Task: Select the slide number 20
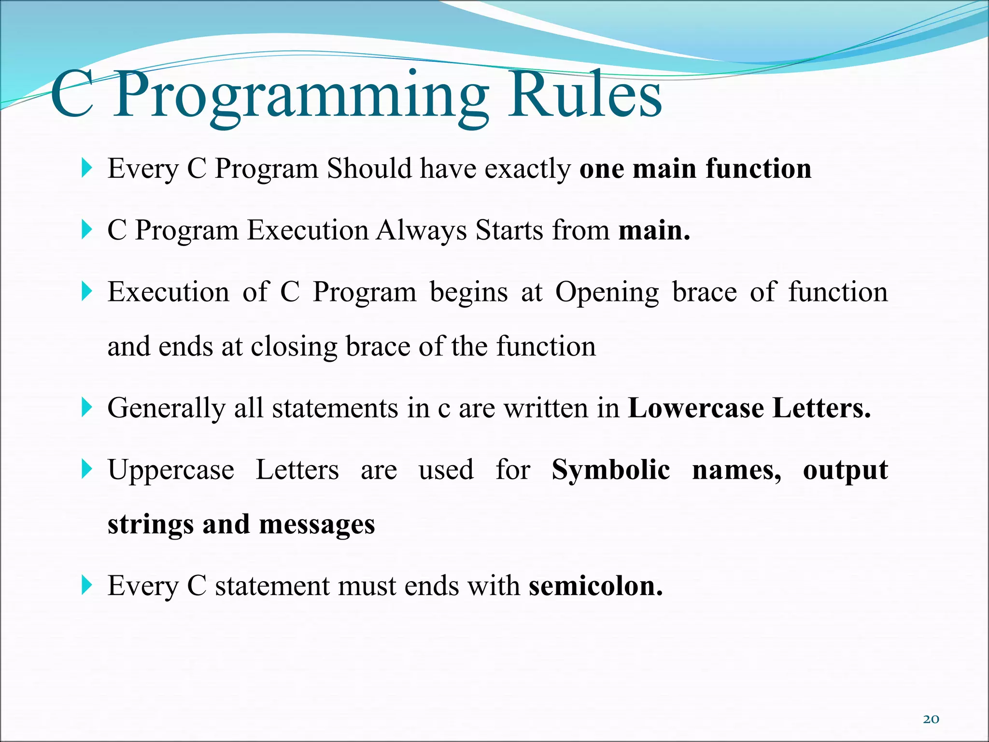pyautogui.click(x=931, y=719)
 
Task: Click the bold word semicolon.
pyautogui.click(x=595, y=586)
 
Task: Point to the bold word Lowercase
pyautogui.click(x=696, y=408)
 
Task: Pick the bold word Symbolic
pyautogui.click(x=610, y=470)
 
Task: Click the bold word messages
pyautogui.click(x=317, y=525)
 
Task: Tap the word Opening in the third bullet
pyautogui.click(x=607, y=293)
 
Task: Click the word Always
pyautogui.click(x=422, y=230)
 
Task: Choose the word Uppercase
pyautogui.click(x=171, y=470)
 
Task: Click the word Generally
pyautogui.click(x=166, y=409)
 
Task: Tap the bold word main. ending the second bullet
pyautogui.click(x=654, y=230)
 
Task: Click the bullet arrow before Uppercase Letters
pyautogui.click(x=86, y=469)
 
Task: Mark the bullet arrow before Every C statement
pyautogui.click(x=86, y=585)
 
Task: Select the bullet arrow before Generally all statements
pyautogui.click(x=86, y=407)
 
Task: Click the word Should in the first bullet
pyautogui.click(x=369, y=169)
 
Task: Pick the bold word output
pyautogui.click(x=845, y=470)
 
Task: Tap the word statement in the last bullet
pyautogui.click(x=272, y=586)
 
